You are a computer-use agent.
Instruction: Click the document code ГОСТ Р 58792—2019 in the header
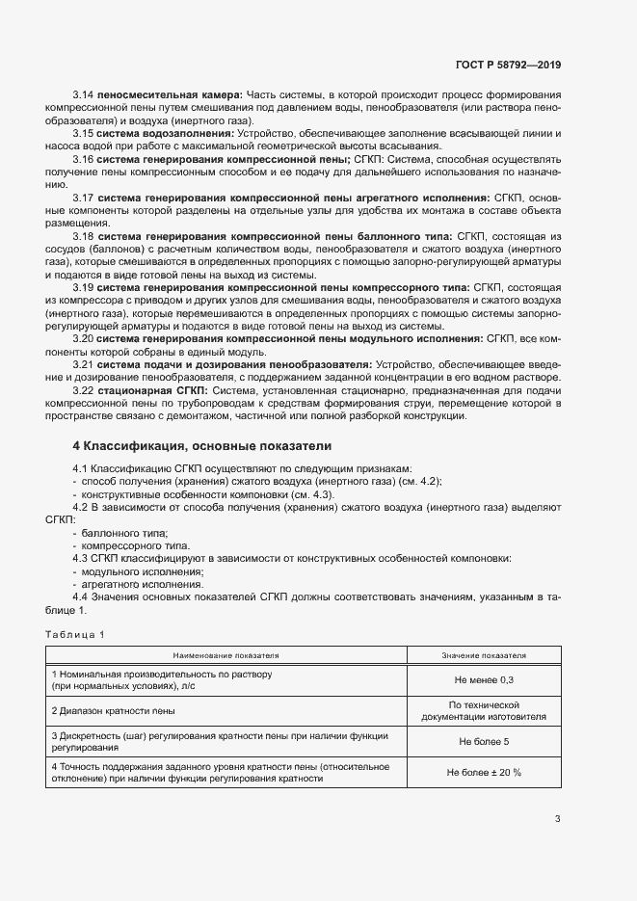(507, 66)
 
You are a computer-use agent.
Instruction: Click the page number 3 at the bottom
(557, 819)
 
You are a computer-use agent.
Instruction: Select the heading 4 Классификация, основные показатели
(202, 447)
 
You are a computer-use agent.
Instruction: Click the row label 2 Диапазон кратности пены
(114, 711)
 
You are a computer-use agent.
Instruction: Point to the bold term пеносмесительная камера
(171, 93)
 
